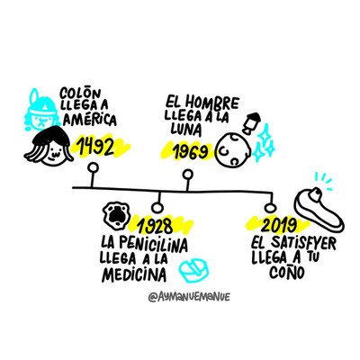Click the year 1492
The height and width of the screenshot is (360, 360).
(x=95, y=147)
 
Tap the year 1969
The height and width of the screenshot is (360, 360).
(x=191, y=151)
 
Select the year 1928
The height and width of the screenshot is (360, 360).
(x=155, y=226)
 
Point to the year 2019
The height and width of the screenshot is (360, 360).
(x=279, y=225)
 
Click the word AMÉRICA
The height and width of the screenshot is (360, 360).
(x=90, y=120)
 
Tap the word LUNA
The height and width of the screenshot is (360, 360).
(x=186, y=129)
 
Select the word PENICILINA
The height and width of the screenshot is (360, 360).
(x=154, y=245)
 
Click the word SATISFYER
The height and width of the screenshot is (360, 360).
(x=302, y=244)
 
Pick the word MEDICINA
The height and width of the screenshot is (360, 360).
(x=134, y=274)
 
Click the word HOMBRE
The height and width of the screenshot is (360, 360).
(x=211, y=103)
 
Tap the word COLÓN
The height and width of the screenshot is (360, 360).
(x=80, y=94)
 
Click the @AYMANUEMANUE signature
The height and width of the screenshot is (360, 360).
(x=190, y=297)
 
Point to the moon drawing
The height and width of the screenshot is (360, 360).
(x=234, y=149)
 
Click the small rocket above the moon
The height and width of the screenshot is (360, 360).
(x=251, y=123)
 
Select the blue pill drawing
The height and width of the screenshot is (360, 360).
(x=194, y=269)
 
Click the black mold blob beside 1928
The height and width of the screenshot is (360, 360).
(x=116, y=215)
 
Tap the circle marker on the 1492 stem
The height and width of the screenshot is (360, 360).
(x=93, y=167)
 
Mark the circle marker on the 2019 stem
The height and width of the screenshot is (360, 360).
(x=270, y=208)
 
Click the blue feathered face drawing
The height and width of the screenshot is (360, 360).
(x=41, y=111)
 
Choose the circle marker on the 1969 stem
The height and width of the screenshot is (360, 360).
(x=188, y=175)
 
